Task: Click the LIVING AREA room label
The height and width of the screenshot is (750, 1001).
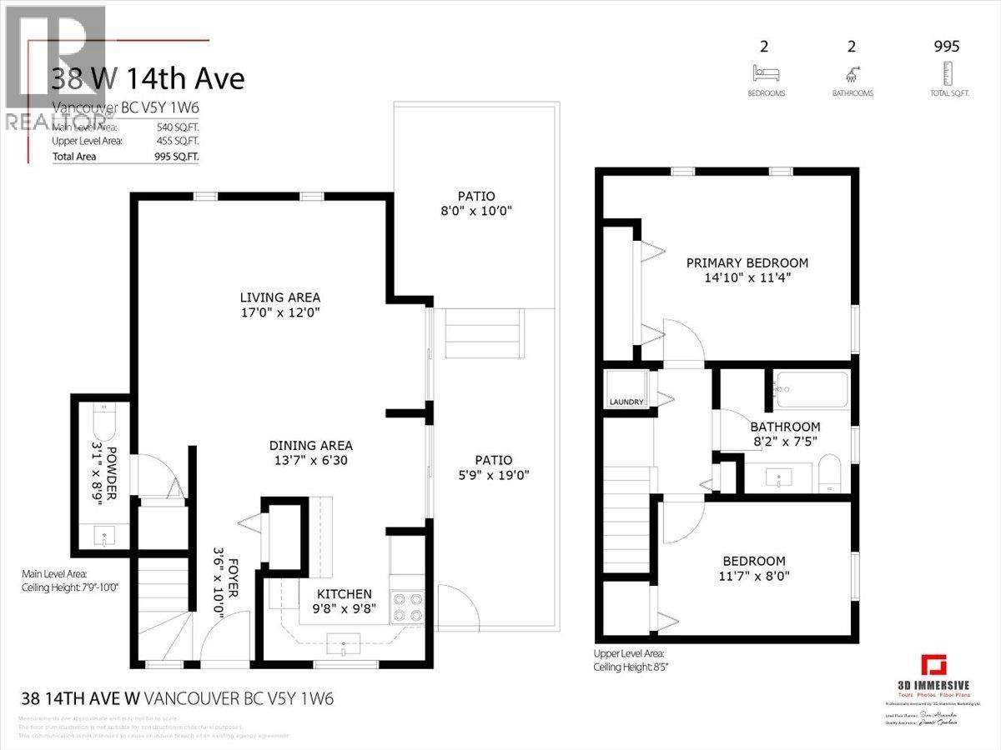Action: pos(279,297)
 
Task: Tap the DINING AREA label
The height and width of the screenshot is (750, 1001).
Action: pos(310,445)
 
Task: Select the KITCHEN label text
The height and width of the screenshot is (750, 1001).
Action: pos(344,594)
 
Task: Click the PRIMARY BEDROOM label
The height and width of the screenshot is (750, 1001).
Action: pos(747,263)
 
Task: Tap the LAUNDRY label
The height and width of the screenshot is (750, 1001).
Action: pos(626,402)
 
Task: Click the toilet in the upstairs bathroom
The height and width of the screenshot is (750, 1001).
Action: pos(829,472)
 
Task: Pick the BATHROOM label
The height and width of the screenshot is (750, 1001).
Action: pos(783,427)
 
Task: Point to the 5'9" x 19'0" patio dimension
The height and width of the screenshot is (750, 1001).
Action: pos(494,476)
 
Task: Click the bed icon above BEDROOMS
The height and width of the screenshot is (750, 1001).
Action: pos(765,72)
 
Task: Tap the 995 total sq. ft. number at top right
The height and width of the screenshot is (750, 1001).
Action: pos(947,47)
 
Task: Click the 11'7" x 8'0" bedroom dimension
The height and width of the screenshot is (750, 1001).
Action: pos(754,575)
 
